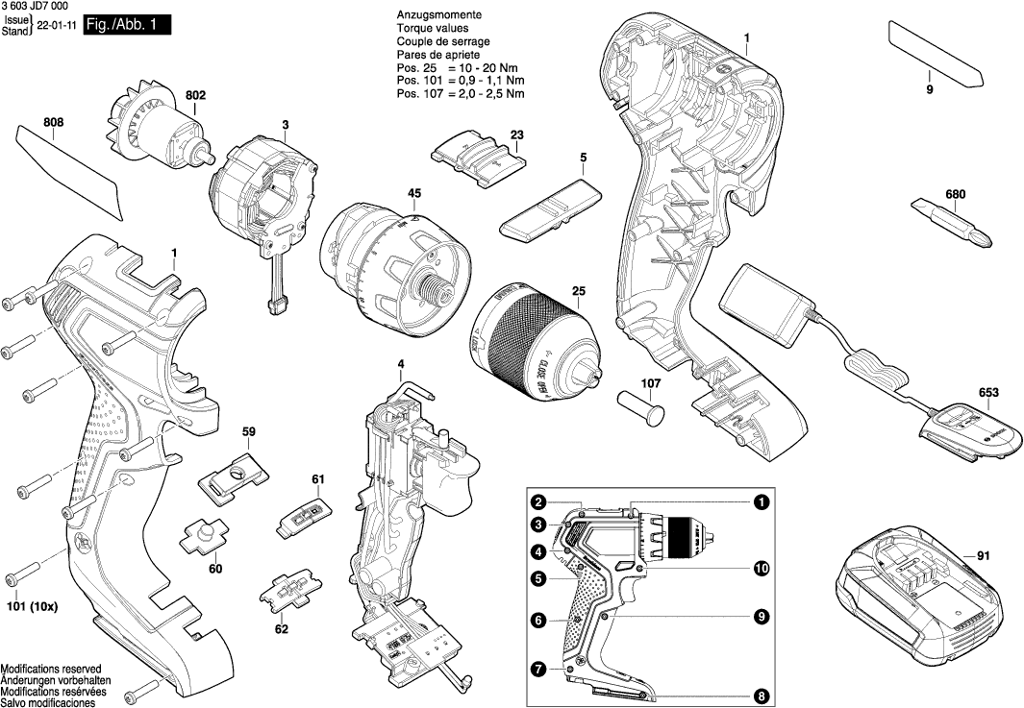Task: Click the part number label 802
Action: pos(196,96)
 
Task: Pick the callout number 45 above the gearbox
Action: pos(414,194)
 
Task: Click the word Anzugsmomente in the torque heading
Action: pos(438,16)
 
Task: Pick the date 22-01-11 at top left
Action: pos(56,27)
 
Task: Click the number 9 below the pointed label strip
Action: pos(930,89)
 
